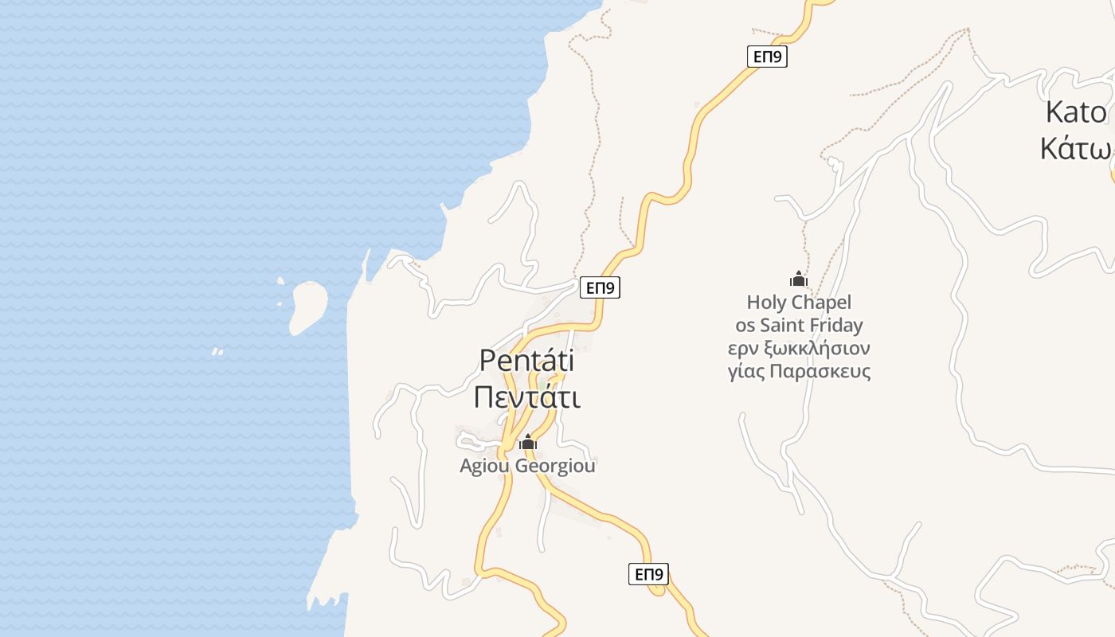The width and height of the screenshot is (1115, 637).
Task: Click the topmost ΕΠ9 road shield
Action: [x=767, y=57]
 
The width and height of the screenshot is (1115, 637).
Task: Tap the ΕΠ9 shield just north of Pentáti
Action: [x=599, y=287]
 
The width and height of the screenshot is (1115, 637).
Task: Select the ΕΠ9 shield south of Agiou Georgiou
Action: [x=648, y=574]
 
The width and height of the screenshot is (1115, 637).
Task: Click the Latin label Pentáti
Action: [x=526, y=361]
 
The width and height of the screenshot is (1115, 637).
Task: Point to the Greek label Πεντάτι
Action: [x=526, y=396]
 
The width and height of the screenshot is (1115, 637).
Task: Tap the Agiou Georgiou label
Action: [x=527, y=466]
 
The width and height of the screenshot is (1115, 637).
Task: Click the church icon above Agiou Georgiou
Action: [x=528, y=442]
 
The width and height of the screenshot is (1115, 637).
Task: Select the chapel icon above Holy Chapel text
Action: [x=798, y=279]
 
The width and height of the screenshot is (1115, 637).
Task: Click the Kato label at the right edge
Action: [x=1076, y=112]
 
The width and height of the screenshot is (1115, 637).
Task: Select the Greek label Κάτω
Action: [x=1075, y=148]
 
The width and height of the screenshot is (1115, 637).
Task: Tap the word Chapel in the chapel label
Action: [x=820, y=303]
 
